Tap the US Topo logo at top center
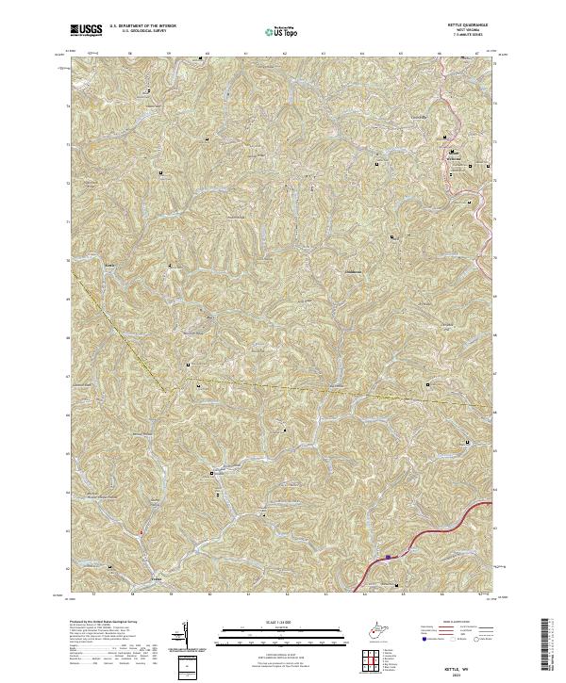click(284, 32)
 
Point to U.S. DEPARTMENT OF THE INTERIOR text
click(142, 27)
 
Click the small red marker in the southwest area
click(140, 532)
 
